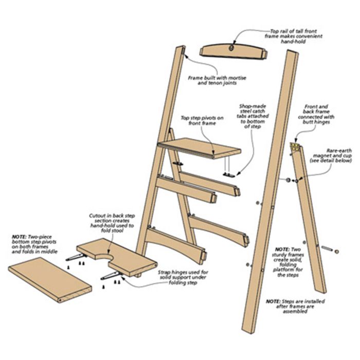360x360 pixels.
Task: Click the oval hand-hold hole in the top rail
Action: (x=231, y=48)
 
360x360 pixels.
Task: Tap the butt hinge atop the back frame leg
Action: (x=295, y=147)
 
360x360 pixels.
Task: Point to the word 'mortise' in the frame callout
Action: (x=237, y=78)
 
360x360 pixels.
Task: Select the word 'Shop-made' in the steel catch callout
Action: (x=253, y=106)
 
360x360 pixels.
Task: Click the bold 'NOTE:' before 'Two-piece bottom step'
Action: (x=20, y=237)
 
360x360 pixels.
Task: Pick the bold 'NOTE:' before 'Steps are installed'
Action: (x=273, y=301)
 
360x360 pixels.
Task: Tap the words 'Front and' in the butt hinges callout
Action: (x=316, y=106)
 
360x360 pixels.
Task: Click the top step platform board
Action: (x=200, y=148)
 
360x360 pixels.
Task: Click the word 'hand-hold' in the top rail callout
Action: (x=293, y=41)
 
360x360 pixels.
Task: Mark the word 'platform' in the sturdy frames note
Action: (x=283, y=269)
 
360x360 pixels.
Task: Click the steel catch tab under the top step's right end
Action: (x=229, y=175)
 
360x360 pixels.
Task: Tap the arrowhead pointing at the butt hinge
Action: (x=296, y=140)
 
